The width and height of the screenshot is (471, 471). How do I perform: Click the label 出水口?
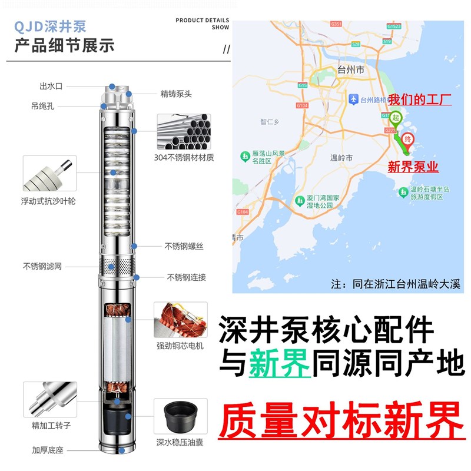pos(51,86)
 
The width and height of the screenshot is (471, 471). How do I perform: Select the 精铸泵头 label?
pos(176,93)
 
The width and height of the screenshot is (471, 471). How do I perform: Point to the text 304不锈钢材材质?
pos(184,157)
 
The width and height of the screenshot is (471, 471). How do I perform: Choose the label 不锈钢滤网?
pos(42,266)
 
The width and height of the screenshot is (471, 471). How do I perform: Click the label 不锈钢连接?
pos(186,277)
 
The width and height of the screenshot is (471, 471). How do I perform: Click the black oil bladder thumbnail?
pos(180,416)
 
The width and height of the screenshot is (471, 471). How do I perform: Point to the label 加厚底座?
pos(48,450)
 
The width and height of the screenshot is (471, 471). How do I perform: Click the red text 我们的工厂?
pos(420,99)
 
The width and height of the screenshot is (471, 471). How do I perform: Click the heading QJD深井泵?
pos(51,26)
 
